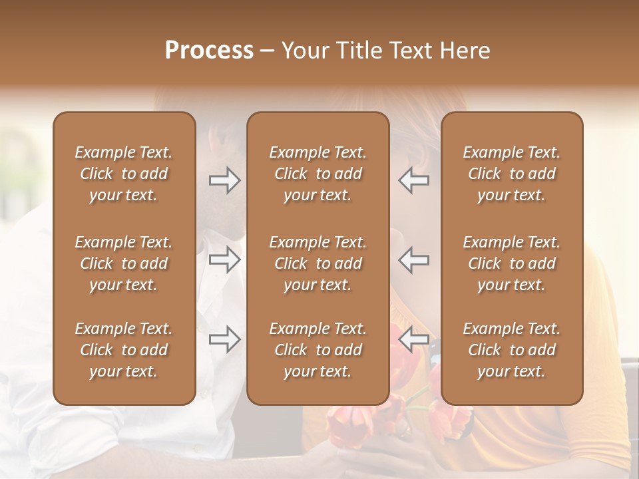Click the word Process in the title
[x=209, y=51]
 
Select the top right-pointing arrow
[x=225, y=180]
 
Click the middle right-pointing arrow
[x=225, y=259]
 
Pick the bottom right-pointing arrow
[x=225, y=339]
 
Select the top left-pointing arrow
[x=413, y=180]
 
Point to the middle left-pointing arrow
[x=413, y=259]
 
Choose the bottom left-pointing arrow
[x=413, y=339]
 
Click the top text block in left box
[x=124, y=174]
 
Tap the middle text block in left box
[x=124, y=263]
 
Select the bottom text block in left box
[x=124, y=350]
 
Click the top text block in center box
[x=318, y=174]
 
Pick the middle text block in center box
[x=318, y=263]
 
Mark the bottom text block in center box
[x=318, y=350]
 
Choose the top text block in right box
[x=512, y=174]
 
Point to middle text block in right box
[x=512, y=263]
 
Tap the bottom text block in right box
[x=512, y=350]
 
